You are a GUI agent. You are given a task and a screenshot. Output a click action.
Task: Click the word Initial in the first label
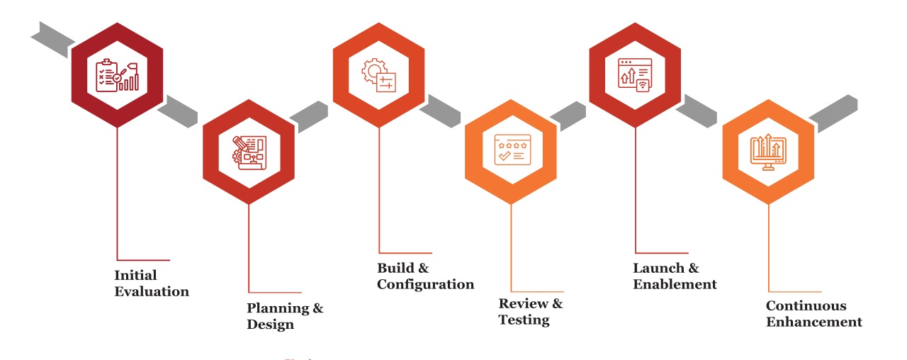click(135, 275)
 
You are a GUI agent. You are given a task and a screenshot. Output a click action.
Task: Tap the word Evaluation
click(152, 291)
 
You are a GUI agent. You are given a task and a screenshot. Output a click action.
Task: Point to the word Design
click(270, 325)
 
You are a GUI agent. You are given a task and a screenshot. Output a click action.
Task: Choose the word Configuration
click(425, 284)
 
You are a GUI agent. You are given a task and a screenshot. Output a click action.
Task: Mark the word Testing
click(524, 320)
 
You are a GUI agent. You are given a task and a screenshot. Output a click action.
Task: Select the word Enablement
click(675, 284)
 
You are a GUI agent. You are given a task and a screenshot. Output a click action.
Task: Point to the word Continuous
click(806, 306)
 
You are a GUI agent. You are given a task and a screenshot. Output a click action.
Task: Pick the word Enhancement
click(813, 322)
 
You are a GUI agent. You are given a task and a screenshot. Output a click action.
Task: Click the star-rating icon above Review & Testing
click(510, 149)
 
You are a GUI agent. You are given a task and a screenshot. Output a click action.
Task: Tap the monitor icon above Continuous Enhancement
click(767, 151)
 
